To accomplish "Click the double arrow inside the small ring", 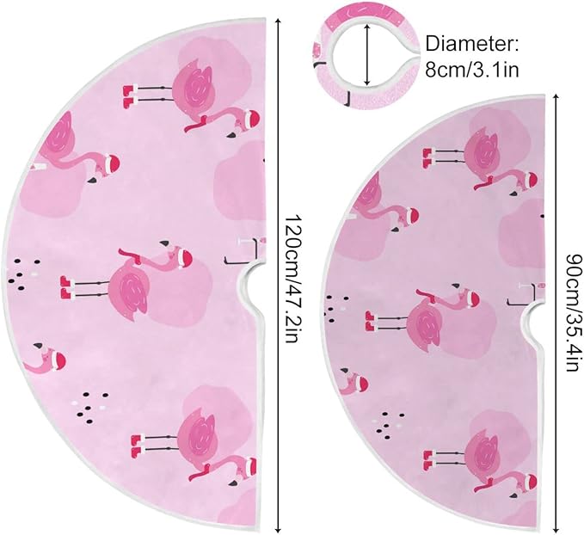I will point(368,55).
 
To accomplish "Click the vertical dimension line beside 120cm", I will point(278,276).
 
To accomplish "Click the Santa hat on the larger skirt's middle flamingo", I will point(182,255).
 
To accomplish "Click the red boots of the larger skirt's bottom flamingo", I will point(136,444).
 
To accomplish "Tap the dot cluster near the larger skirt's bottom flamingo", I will point(90,403).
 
